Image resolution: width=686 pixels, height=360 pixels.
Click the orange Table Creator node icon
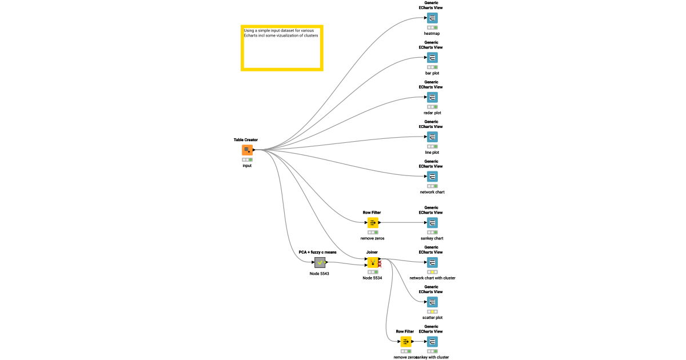(247, 150)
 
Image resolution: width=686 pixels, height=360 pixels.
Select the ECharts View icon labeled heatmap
(432, 18)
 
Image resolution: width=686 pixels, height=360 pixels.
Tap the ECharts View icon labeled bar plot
(432, 58)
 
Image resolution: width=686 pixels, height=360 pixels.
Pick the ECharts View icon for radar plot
(432, 97)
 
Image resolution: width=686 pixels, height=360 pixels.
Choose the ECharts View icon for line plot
(432, 137)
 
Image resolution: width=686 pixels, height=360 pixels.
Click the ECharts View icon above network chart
(432, 177)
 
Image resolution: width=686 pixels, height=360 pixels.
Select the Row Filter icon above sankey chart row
(372, 223)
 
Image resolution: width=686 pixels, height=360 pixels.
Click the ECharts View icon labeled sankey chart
(432, 223)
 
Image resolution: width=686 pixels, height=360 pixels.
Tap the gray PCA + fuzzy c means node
(320, 262)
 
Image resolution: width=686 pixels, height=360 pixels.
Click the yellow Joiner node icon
(372, 262)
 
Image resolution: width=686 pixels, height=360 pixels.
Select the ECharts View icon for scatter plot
(432, 302)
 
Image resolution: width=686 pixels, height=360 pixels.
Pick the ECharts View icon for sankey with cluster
(432, 342)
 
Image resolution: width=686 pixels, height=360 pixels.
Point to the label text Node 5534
(372, 278)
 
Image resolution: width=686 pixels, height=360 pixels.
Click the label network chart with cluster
(432, 278)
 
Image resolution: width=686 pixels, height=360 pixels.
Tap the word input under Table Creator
(247, 166)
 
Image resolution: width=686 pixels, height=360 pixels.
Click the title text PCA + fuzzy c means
(318, 252)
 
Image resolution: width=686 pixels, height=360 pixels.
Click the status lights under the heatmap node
(432, 27)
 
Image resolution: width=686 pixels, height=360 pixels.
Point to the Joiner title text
(372, 252)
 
